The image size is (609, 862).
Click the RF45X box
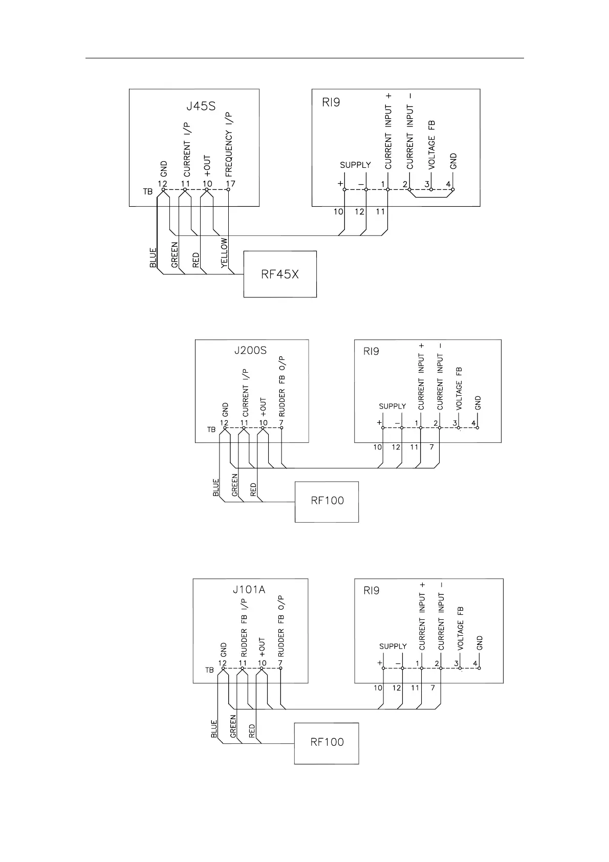tap(280, 274)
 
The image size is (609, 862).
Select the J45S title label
tap(201, 107)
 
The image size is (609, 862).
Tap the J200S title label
tap(251, 351)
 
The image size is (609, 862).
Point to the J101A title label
tap(249, 590)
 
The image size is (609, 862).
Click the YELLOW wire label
tap(224, 253)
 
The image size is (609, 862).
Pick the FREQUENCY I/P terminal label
tap(229, 145)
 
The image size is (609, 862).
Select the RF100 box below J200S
tap(327, 501)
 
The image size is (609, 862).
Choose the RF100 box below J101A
tap(327, 742)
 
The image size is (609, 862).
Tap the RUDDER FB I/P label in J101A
tap(244, 628)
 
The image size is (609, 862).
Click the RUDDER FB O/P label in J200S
tap(282, 386)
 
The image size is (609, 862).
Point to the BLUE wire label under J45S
tap(153, 257)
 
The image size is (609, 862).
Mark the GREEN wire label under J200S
tap(235, 485)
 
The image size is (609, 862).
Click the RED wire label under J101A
tap(252, 731)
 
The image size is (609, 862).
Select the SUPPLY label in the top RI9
tap(355, 165)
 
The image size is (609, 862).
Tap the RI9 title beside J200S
tap(371, 352)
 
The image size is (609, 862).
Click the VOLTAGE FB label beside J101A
tap(461, 629)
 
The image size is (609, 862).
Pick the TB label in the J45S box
tap(147, 192)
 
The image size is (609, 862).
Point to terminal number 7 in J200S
tap(280, 423)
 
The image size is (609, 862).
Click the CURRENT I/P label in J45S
tap(187, 149)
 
